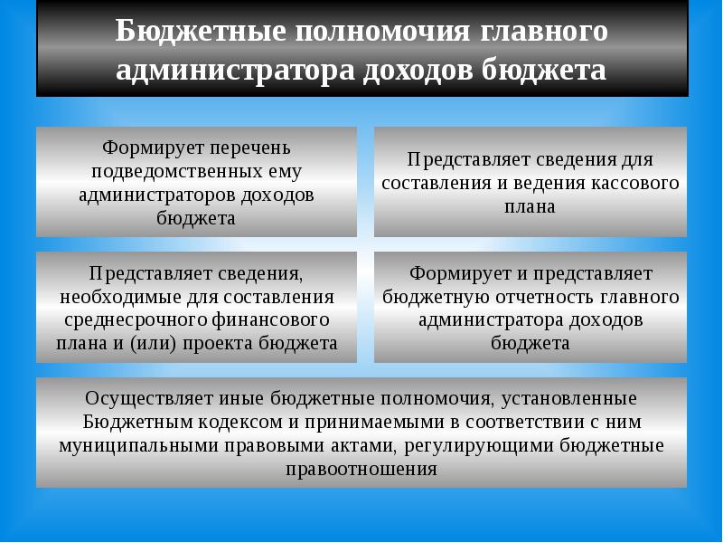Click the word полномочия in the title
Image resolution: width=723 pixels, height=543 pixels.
click(x=382, y=32)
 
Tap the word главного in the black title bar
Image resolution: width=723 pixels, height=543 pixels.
click(x=544, y=32)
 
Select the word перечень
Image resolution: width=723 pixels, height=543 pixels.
click(x=250, y=148)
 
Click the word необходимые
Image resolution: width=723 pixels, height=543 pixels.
click(x=120, y=297)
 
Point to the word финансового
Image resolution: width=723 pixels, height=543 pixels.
click(x=271, y=320)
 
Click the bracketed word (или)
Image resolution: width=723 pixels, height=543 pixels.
click(x=154, y=344)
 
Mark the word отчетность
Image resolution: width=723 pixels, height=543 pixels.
click(x=545, y=297)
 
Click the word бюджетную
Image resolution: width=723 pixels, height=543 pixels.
click(x=437, y=297)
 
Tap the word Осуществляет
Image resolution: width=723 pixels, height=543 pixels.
click(x=149, y=398)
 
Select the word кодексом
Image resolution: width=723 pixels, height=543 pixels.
click(x=240, y=422)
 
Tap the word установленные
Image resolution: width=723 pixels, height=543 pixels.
click(x=569, y=398)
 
